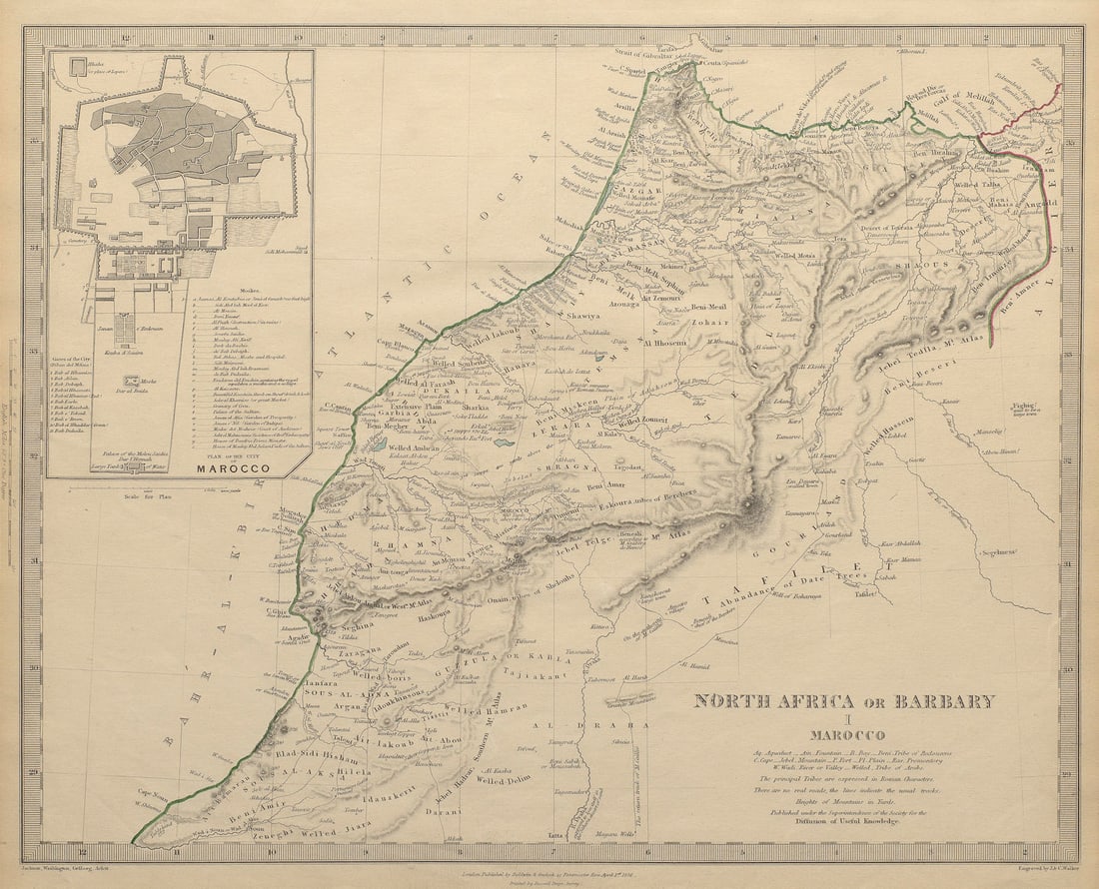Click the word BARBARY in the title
(938, 700)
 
